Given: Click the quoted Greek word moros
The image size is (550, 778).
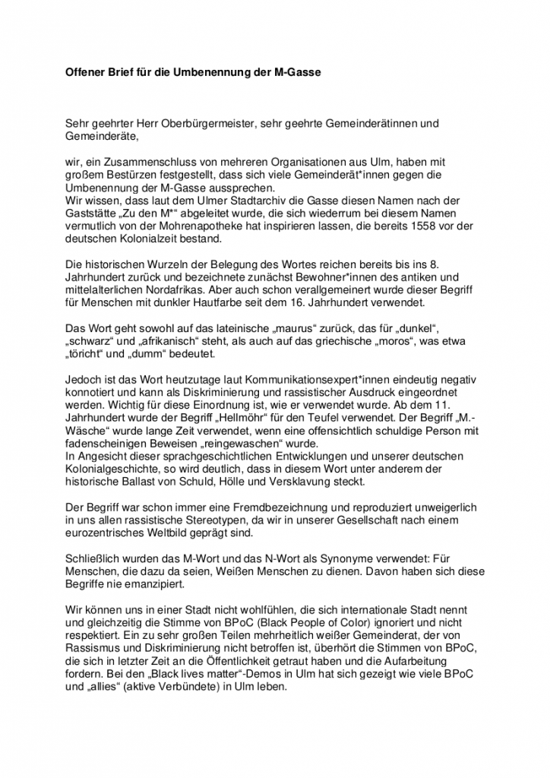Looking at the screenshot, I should tap(433, 340).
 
